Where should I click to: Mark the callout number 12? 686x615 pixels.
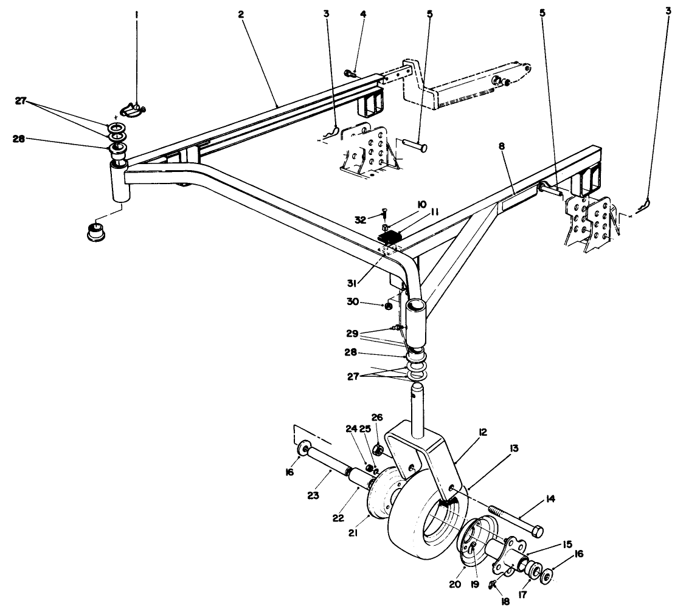pos(483,432)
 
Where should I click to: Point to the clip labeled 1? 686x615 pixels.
pos(132,109)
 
